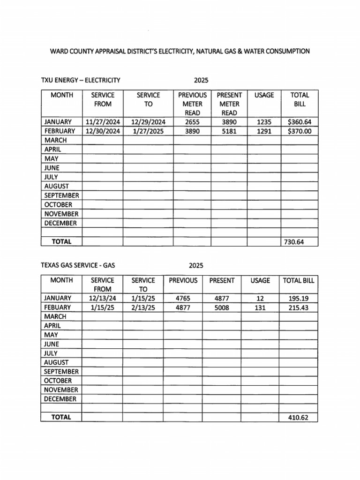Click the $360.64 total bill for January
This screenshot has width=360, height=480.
point(299,122)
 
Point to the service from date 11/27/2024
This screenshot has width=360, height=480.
point(103,122)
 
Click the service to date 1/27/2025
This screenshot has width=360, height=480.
point(148,131)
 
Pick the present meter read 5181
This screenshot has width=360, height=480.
point(229,131)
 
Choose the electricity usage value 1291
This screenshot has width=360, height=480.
point(264,131)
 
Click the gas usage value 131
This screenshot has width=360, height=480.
point(260,307)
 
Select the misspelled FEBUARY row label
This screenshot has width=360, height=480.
point(58,307)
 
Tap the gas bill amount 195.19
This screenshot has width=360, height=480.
point(298,298)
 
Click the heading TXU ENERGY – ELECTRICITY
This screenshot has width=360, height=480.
point(81,80)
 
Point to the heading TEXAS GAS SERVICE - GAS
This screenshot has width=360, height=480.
point(78,265)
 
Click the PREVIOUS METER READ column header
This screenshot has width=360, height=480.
point(192,104)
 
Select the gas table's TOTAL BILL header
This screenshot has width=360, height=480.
point(298,280)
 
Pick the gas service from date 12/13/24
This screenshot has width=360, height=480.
point(102,298)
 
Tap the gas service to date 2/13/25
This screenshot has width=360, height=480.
point(143,307)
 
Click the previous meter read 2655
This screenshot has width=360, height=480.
point(192,122)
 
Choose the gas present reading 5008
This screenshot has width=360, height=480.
point(221,307)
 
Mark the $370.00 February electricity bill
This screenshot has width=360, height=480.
point(299,131)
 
